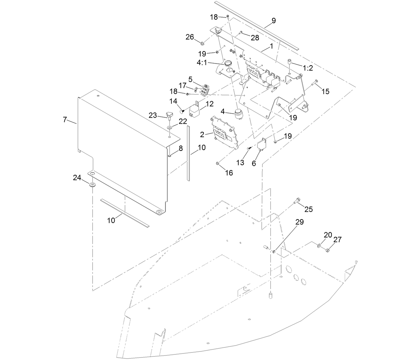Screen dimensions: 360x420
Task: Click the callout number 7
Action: click(65, 120)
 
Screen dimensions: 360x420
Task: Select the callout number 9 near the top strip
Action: click(273, 21)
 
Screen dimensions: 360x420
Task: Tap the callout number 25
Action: click(308, 209)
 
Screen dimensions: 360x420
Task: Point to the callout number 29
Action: click(299, 222)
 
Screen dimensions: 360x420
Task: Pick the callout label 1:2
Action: click(308, 68)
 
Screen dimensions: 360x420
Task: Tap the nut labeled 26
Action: click(202, 43)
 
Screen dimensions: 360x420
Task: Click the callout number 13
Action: click(240, 163)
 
